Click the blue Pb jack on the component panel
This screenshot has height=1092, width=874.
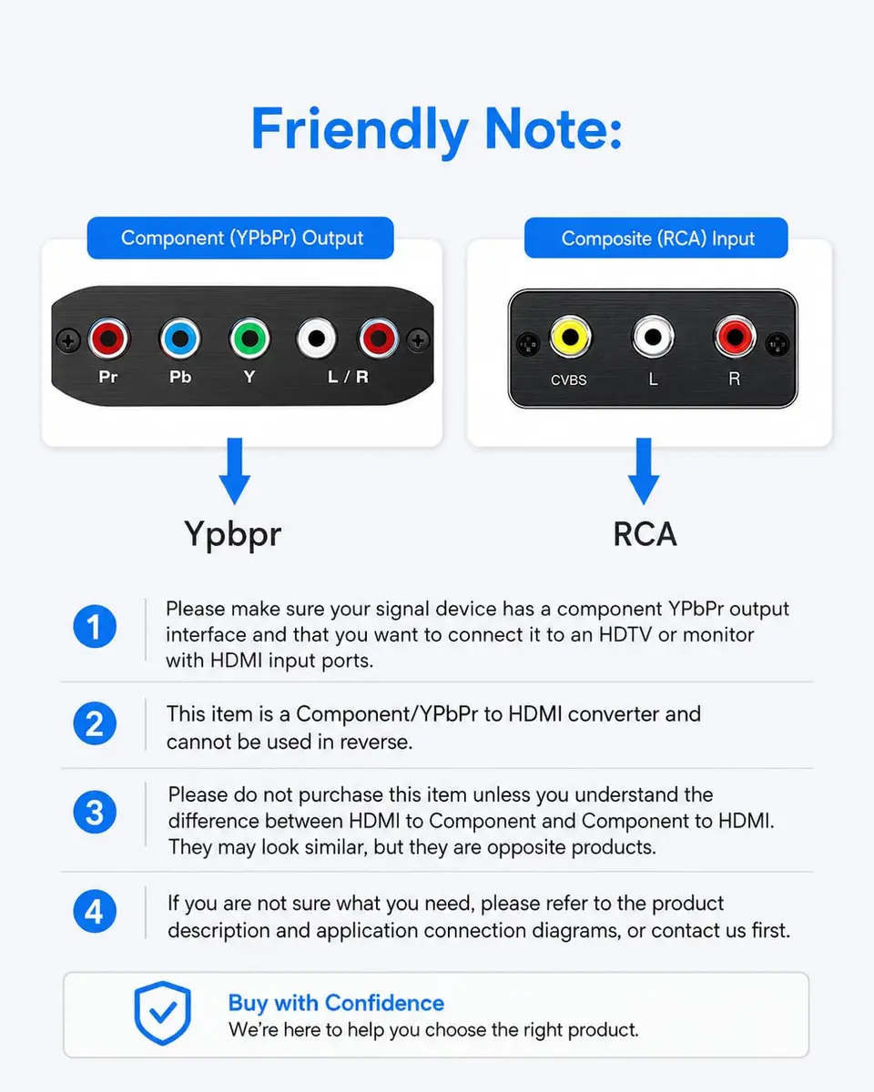pos(179,339)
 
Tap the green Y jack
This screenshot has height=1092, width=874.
pos(249,339)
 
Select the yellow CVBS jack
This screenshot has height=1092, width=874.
pos(570,337)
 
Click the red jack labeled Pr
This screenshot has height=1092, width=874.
pos(108,339)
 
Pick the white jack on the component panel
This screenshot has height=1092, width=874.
pos(317,339)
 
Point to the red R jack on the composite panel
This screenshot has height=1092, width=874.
pos(735,337)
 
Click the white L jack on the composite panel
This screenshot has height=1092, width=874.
pos(653,337)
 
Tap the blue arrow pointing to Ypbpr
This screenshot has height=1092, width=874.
pos(235,470)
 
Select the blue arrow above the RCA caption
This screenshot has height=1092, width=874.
pos(644,470)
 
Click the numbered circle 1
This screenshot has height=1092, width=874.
pos(95,626)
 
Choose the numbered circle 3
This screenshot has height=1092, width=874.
pos(95,812)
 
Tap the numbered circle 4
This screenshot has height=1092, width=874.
pos(95,911)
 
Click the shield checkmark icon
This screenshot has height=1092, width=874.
pos(163,1013)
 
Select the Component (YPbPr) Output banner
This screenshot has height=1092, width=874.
pos(240,238)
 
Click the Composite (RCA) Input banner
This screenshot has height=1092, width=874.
pos(656,238)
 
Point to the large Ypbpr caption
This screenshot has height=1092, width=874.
pos(232,535)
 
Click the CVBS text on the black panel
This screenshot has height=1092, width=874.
pos(569,380)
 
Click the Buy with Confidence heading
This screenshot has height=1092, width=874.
pos(336,1003)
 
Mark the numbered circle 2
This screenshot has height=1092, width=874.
pos(95,723)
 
